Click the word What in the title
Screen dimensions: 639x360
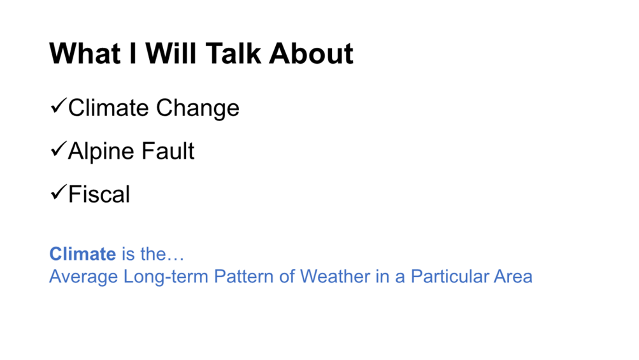coord(85,54)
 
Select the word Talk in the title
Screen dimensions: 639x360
coord(233,54)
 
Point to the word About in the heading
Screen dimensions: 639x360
coord(311,54)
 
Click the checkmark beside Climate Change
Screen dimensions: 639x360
coord(58,106)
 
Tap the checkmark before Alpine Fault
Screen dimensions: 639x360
coord(58,149)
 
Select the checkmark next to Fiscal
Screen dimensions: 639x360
coord(58,192)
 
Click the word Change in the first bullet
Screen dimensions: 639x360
coord(197,108)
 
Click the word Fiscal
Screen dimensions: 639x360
coord(99,194)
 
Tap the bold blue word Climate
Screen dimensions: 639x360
coord(83,254)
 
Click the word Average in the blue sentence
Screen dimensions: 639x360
coord(83,277)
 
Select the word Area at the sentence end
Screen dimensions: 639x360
coord(513,277)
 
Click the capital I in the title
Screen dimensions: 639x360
coord(133,54)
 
